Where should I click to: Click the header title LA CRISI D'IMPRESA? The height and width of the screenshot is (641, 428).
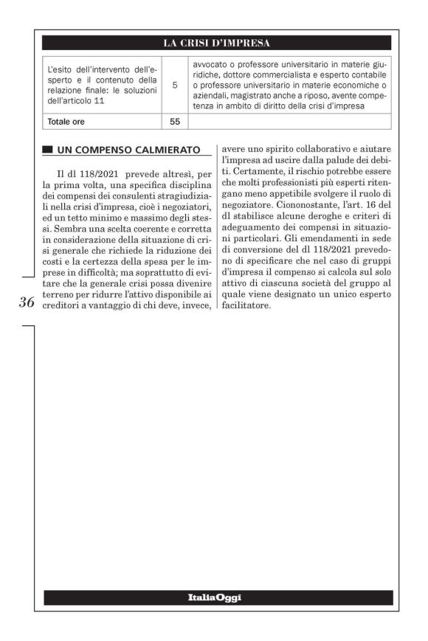pos(217,42)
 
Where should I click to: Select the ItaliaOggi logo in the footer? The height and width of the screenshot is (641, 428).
pos(215,597)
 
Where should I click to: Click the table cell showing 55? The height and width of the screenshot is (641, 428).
pos(175,120)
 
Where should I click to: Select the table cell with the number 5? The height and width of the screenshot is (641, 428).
pos(175,85)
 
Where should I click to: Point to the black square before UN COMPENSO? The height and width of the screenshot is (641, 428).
pos(48,150)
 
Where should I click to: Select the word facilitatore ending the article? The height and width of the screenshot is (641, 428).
pos(246,304)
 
